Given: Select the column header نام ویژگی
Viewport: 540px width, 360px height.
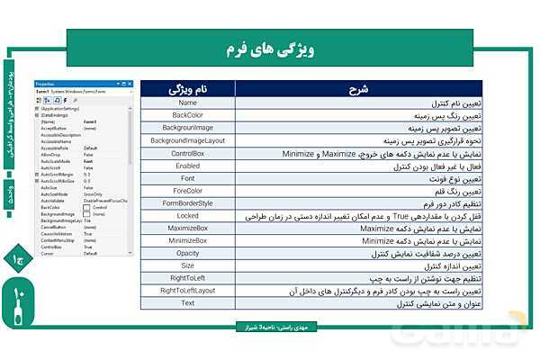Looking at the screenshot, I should point(188,90).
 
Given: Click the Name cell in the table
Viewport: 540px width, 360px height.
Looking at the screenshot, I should point(188,103).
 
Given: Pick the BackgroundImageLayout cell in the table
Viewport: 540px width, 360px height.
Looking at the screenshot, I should point(188,141).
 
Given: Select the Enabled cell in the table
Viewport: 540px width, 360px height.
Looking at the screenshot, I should point(188,166).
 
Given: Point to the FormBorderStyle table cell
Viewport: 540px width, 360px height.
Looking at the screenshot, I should point(188,203).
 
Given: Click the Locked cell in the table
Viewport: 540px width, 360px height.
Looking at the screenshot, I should point(188,216).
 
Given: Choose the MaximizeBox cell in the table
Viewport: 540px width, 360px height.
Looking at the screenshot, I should point(188,229).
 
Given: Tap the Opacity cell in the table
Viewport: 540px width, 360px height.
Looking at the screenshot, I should point(188,254).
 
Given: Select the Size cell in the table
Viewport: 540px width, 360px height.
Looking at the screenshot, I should point(188,266).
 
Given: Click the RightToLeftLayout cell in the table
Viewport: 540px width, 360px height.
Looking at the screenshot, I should point(188,291).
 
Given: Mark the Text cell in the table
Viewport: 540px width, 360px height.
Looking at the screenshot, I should point(188,303).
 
